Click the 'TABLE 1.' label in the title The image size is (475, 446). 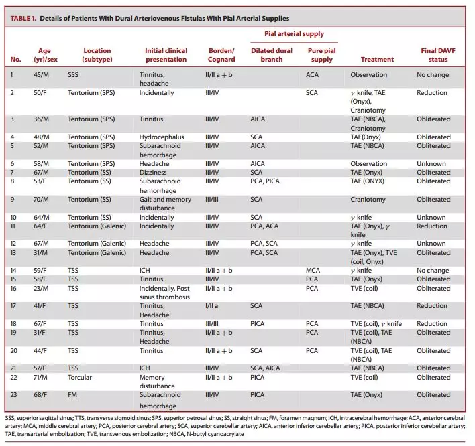point(23,19)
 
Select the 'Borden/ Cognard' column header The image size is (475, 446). point(221,55)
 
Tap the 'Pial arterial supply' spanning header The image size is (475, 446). point(294,34)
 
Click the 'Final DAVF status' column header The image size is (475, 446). point(438,55)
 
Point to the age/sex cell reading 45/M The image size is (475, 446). point(41,75)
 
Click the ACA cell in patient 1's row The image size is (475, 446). point(313,75)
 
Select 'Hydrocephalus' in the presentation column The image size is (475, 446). point(162,137)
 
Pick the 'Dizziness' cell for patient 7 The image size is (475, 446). point(153,172)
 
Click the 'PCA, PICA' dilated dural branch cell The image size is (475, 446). point(265,181)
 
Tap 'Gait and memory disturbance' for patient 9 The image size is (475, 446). point(166,204)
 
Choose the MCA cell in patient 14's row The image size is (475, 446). point(313,271)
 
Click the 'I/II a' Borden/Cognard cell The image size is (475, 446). point(212,305)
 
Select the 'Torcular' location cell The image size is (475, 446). point(80,378)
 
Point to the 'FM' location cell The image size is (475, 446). point(72,395)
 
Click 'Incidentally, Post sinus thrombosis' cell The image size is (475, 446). point(164,293)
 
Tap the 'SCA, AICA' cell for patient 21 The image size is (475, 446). point(266,368)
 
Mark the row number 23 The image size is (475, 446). point(13,395)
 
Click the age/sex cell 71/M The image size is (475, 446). point(41,378)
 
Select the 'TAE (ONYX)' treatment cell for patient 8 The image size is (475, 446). point(368,181)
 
